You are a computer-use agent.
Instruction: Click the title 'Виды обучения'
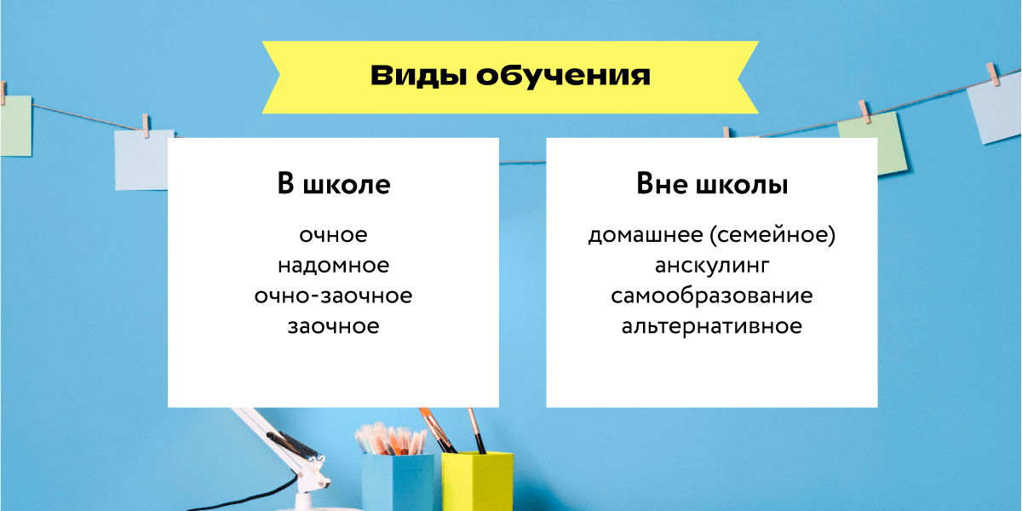[x=510, y=76]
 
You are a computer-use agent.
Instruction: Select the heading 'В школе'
[x=333, y=185]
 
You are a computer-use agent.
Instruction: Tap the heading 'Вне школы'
[x=711, y=185]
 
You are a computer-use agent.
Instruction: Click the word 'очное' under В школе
[x=333, y=235]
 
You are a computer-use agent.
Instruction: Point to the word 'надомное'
[x=333, y=266]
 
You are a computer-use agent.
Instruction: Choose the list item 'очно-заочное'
[x=333, y=296]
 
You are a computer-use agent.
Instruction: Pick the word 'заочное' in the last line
[x=333, y=326]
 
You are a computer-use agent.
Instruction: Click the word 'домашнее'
[x=639, y=235]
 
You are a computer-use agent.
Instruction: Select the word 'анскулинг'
[x=711, y=266]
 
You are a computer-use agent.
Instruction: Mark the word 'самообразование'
[x=711, y=296]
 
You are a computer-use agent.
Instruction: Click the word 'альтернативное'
[x=711, y=326]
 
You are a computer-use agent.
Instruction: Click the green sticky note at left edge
[x=14, y=125]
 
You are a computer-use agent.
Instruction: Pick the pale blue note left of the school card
[x=141, y=160]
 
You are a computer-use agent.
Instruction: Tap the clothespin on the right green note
[x=866, y=111]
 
